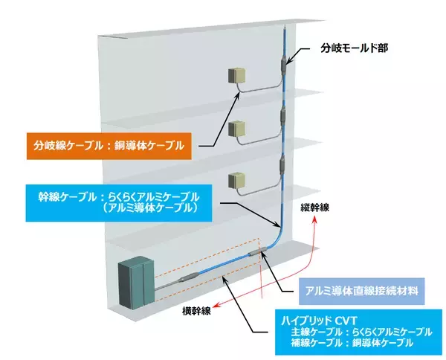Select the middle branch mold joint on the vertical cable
pos(282,118)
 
